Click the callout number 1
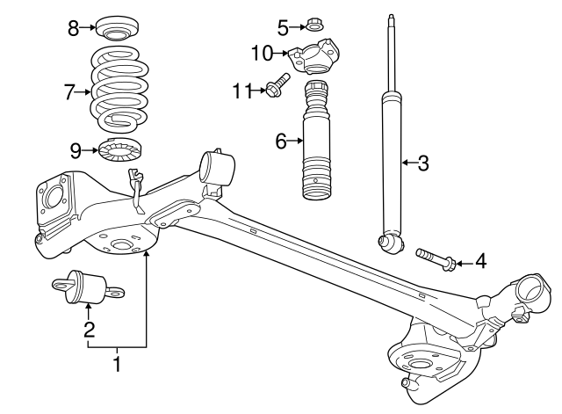[118, 362]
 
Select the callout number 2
[89, 330]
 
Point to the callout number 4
[479, 260]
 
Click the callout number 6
[282, 140]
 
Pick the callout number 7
[71, 90]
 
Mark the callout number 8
[74, 29]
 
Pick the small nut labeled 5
[313, 26]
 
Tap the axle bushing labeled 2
[88, 287]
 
